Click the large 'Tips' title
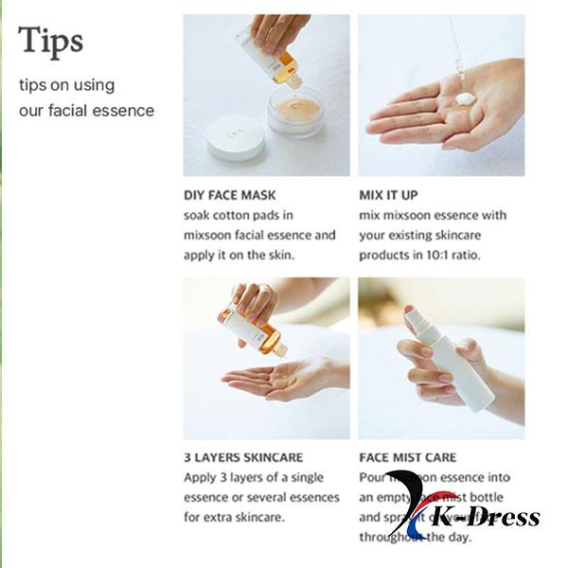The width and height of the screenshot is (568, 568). [x=51, y=41]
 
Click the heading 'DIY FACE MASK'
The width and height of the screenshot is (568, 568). [x=229, y=196]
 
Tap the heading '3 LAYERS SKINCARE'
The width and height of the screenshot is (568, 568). [x=242, y=457]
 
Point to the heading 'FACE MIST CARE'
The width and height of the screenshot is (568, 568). [x=407, y=457]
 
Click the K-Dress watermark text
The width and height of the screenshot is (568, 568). [x=487, y=518]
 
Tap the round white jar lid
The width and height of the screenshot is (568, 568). [x=235, y=138]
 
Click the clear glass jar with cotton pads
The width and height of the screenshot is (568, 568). [x=294, y=110]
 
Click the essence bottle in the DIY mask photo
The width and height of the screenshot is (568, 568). [x=270, y=57]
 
